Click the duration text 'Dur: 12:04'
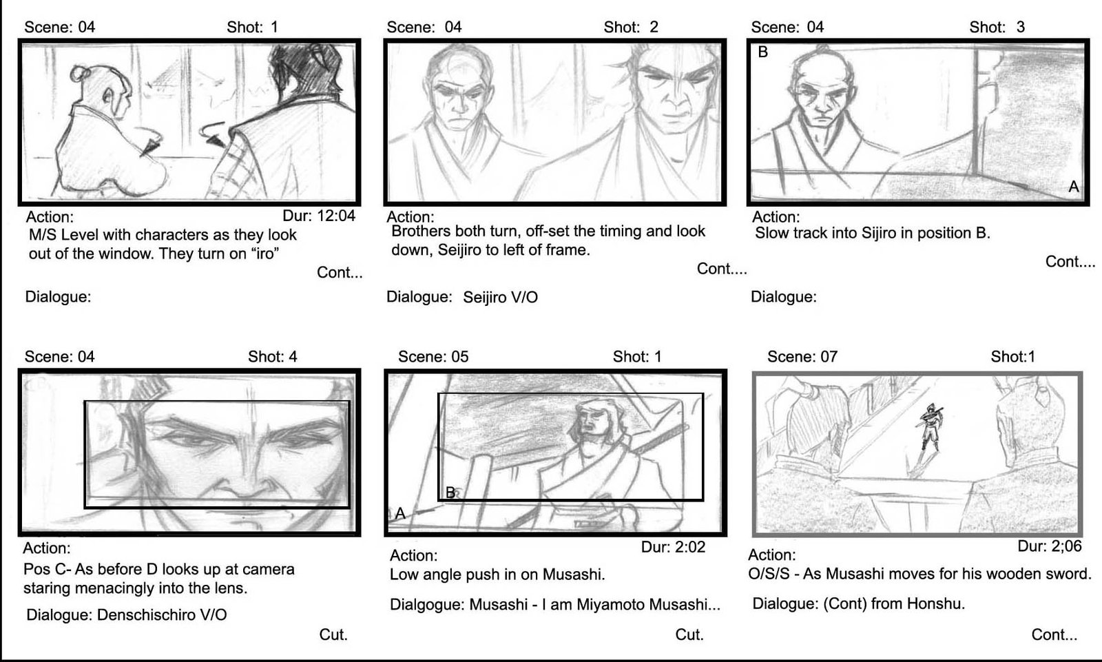(319, 216)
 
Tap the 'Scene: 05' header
(433, 356)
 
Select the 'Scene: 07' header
(802, 356)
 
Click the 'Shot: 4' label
(273, 356)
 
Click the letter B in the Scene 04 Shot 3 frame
(763, 52)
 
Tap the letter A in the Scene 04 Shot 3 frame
(1074, 187)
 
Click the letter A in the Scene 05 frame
(400, 513)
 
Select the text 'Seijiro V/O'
(500, 298)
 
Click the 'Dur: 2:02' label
(673, 547)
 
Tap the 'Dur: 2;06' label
(1050, 546)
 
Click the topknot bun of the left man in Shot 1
(79, 74)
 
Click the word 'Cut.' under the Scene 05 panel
(689, 634)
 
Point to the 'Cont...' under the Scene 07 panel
(1054, 634)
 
